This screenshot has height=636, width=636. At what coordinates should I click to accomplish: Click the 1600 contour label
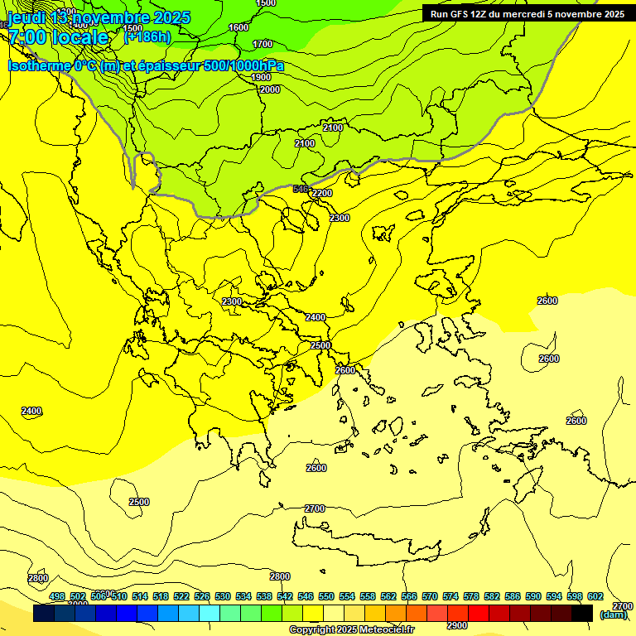(238, 27)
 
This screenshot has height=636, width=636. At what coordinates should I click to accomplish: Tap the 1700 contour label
(263, 44)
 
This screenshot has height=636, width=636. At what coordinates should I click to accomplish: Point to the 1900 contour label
(260, 77)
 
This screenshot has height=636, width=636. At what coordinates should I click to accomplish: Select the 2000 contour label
(270, 89)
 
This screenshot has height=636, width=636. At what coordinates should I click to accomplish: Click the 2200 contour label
(322, 193)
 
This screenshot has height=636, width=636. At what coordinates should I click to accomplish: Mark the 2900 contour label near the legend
(457, 625)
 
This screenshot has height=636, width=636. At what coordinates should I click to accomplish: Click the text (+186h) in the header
(147, 36)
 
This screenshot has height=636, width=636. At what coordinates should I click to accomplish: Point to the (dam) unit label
(613, 614)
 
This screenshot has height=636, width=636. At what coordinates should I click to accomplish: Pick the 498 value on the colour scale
(57, 596)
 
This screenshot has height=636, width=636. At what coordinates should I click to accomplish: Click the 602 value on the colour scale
(595, 596)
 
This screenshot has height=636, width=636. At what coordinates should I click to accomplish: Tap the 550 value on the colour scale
(326, 596)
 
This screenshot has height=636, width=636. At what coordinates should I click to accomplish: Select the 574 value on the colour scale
(450, 596)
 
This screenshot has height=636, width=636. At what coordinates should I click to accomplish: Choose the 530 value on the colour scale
(223, 596)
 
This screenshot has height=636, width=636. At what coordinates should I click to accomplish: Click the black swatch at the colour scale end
(581, 613)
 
